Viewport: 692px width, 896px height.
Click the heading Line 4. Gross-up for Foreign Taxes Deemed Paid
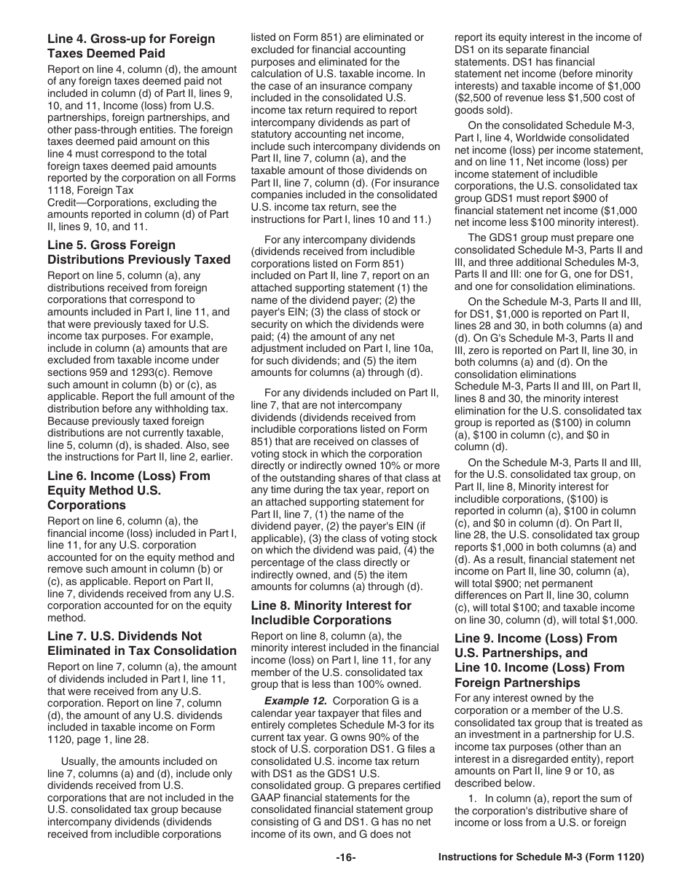tap(131, 46)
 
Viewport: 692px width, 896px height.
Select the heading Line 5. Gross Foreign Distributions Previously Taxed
tap(138, 252)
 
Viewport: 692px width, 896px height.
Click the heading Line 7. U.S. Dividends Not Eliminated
tap(142, 643)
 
